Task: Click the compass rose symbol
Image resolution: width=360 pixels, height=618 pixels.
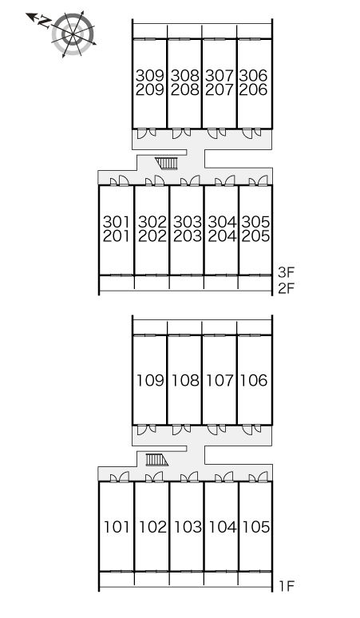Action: pos(73,34)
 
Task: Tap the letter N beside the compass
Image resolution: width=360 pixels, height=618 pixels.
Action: pos(45,22)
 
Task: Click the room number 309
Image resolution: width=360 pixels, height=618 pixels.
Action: pos(150,75)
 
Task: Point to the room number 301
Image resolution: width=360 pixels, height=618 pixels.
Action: pos(117,222)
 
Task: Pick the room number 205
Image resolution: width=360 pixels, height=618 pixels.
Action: pos(255,236)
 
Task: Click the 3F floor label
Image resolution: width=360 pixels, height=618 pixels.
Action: pos(287,272)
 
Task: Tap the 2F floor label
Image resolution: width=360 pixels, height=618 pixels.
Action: pos(287,289)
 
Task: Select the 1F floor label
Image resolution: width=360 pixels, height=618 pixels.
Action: pos(287,587)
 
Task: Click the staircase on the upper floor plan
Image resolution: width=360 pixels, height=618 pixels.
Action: pos(166,163)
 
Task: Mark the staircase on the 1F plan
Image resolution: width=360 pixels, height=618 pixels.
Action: pos(156,460)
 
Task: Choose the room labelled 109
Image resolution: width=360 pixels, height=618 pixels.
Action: pos(150,380)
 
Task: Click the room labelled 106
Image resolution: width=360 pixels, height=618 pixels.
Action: pos(254,380)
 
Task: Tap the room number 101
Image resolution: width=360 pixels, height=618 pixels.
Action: pos(117,527)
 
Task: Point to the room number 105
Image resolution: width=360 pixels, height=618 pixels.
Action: pos(256,527)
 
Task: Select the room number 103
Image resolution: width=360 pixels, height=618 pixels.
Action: pos(188,527)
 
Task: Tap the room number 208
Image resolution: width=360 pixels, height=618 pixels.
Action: pos(184,90)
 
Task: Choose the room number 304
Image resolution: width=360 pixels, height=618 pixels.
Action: pos(222,222)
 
